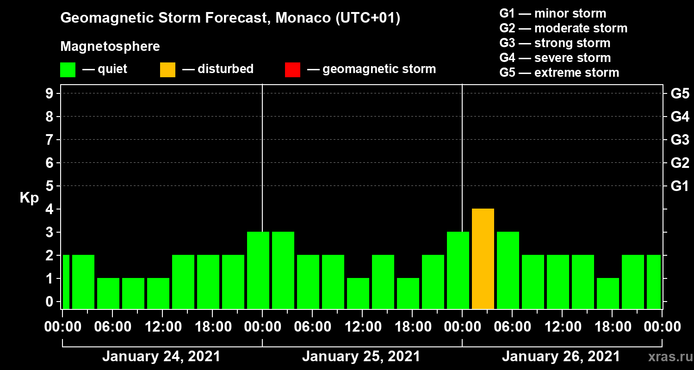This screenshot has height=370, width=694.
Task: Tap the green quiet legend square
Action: pos(68,70)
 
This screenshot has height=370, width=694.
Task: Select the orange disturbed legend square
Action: pos(167,70)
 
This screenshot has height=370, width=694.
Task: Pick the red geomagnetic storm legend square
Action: pos(292,70)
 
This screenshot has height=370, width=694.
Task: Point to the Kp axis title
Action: pos(29,197)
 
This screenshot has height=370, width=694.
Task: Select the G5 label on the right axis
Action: pos(680,93)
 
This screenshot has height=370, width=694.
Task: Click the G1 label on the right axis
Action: pos(680,186)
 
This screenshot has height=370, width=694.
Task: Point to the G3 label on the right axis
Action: pos(680,140)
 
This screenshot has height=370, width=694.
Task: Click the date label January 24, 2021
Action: pos(161,357)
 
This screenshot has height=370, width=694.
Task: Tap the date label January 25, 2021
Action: pos(361,357)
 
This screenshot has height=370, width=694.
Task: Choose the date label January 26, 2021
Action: pos(561,357)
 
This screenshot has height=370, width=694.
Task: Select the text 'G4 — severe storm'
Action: pos(555,58)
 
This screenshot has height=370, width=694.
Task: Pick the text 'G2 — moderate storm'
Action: pos(563,28)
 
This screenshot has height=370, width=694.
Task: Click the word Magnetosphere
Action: pos(110,47)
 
